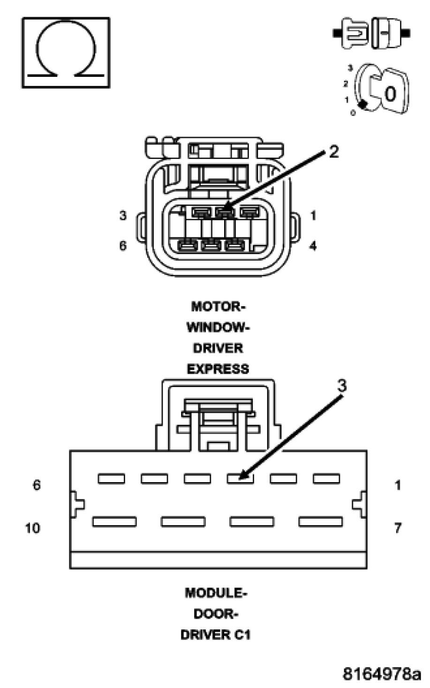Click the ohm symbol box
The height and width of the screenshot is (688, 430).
coord(66,53)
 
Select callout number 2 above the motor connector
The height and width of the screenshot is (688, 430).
coord(333,151)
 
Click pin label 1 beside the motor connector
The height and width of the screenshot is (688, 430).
coord(313,216)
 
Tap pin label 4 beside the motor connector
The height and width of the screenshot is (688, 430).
coord(313,245)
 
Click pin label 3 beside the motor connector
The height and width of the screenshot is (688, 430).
coord(122,216)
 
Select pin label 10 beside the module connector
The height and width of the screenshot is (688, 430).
coord(32,528)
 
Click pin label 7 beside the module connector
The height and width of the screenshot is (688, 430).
coord(398,528)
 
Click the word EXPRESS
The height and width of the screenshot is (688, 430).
coord(218,370)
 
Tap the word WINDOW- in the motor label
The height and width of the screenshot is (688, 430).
coord(218,327)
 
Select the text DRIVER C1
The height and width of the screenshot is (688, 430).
coord(216,635)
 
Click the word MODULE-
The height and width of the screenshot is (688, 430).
coord(216,593)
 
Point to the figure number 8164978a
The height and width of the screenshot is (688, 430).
coord(382,674)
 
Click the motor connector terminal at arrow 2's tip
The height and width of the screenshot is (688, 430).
coord(225,213)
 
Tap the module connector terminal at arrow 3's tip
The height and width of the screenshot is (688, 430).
coord(240,478)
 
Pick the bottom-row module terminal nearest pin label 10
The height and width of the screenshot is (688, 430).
coord(114,522)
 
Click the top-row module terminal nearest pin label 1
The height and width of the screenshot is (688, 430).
coord(326,478)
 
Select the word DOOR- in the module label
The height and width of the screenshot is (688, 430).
coord(216,614)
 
